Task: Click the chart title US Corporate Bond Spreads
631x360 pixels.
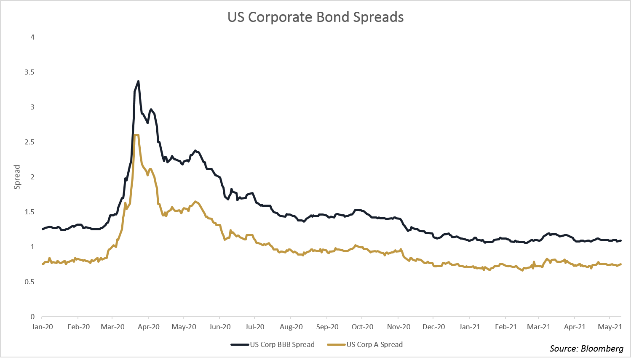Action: (315, 17)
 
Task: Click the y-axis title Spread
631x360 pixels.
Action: (17, 177)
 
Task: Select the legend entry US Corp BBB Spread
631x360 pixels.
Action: (282, 344)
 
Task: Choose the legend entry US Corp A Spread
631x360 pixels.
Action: (374, 344)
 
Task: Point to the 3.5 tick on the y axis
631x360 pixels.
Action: (29, 72)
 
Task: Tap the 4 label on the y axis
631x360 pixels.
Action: (32, 37)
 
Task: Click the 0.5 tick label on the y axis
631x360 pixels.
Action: (29, 282)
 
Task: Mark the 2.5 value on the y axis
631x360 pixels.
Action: (29, 142)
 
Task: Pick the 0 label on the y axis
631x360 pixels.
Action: (32, 317)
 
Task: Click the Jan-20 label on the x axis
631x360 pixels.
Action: (43, 327)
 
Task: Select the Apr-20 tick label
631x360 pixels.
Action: (149, 327)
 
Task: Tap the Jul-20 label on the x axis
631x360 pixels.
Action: (255, 327)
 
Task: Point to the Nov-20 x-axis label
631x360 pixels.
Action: (398, 327)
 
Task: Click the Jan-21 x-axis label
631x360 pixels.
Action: (470, 327)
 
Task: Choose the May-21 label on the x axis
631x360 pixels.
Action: (610, 327)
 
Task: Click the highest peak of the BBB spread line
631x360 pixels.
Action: (138, 81)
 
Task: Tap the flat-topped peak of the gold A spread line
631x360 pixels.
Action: (136, 135)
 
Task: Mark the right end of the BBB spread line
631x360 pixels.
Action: (621, 240)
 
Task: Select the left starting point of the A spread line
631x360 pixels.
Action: (43, 264)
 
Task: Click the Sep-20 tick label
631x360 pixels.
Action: (327, 327)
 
